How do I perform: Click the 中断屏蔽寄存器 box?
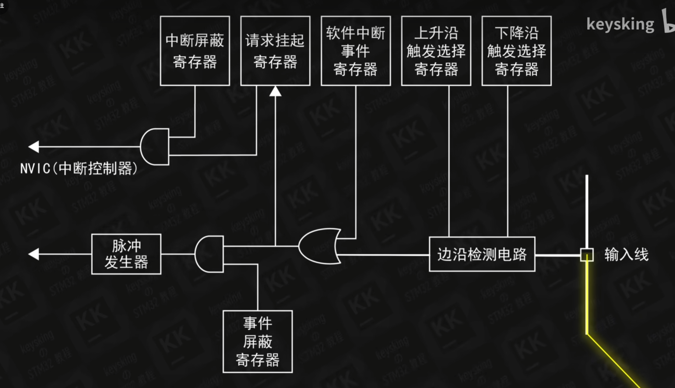[x=195, y=51]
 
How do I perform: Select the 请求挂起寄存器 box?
[x=275, y=51]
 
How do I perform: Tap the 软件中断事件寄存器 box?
[x=356, y=51]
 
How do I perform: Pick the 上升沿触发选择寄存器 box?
[x=436, y=51]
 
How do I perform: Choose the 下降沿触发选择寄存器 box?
[x=516, y=51]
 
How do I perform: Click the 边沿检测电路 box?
[x=482, y=254]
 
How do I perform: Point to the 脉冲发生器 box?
[x=126, y=254]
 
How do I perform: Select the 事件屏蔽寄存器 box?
[x=258, y=341]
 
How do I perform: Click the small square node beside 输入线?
[x=587, y=255]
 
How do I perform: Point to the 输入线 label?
[x=626, y=255]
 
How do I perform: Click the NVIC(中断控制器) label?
[x=79, y=168]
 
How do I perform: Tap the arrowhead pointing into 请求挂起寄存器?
[x=275, y=91]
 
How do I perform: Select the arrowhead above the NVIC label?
[x=34, y=147]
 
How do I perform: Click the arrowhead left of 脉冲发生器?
[x=34, y=254]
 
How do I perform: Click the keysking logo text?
[x=620, y=24]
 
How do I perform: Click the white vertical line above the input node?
[x=587, y=210]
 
